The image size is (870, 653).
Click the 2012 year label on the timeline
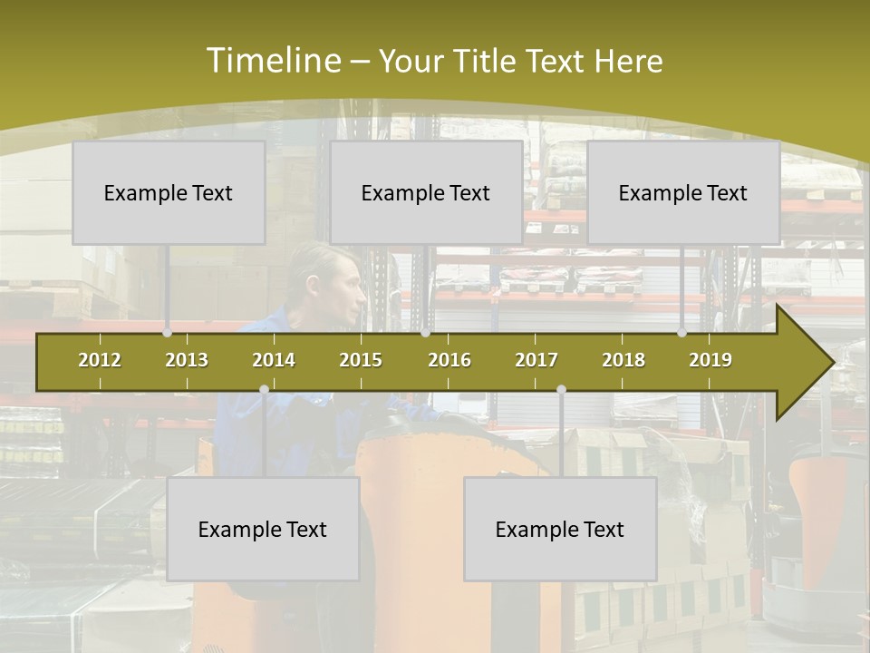pyautogui.click(x=100, y=360)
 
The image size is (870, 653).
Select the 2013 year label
pyautogui.click(x=187, y=360)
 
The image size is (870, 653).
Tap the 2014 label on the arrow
pyautogui.click(x=274, y=360)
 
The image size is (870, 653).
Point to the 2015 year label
pyautogui.click(x=361, y=360)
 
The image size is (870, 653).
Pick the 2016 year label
pyautogui.click(x=449, y=360)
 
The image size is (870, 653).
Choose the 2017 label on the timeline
pyautogui.click(x=536, y=360)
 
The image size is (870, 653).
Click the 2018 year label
pyautogui.click(x=623, y=360)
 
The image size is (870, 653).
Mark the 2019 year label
pyautogui.click(x=710, y=360)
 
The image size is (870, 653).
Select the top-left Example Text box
pyautogui.click(x=169, y=192)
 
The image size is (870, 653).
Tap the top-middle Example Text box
pyautogui.click(x=426, y=192)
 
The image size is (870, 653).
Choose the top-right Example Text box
pyautogui.click(x=683, y=192)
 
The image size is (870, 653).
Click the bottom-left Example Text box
pyautogui.click(x=263, y=529)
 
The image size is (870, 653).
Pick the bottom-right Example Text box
pyautogui.click(x=560, y=529)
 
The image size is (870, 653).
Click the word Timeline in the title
pyautogui.click(x=272, y=61)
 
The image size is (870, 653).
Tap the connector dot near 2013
pyautogui.click(x=168, y=333)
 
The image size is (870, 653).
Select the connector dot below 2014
pyautogui.click(x=264, y=390)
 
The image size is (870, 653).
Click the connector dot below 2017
pyautogui.click(x=561, y=390)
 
